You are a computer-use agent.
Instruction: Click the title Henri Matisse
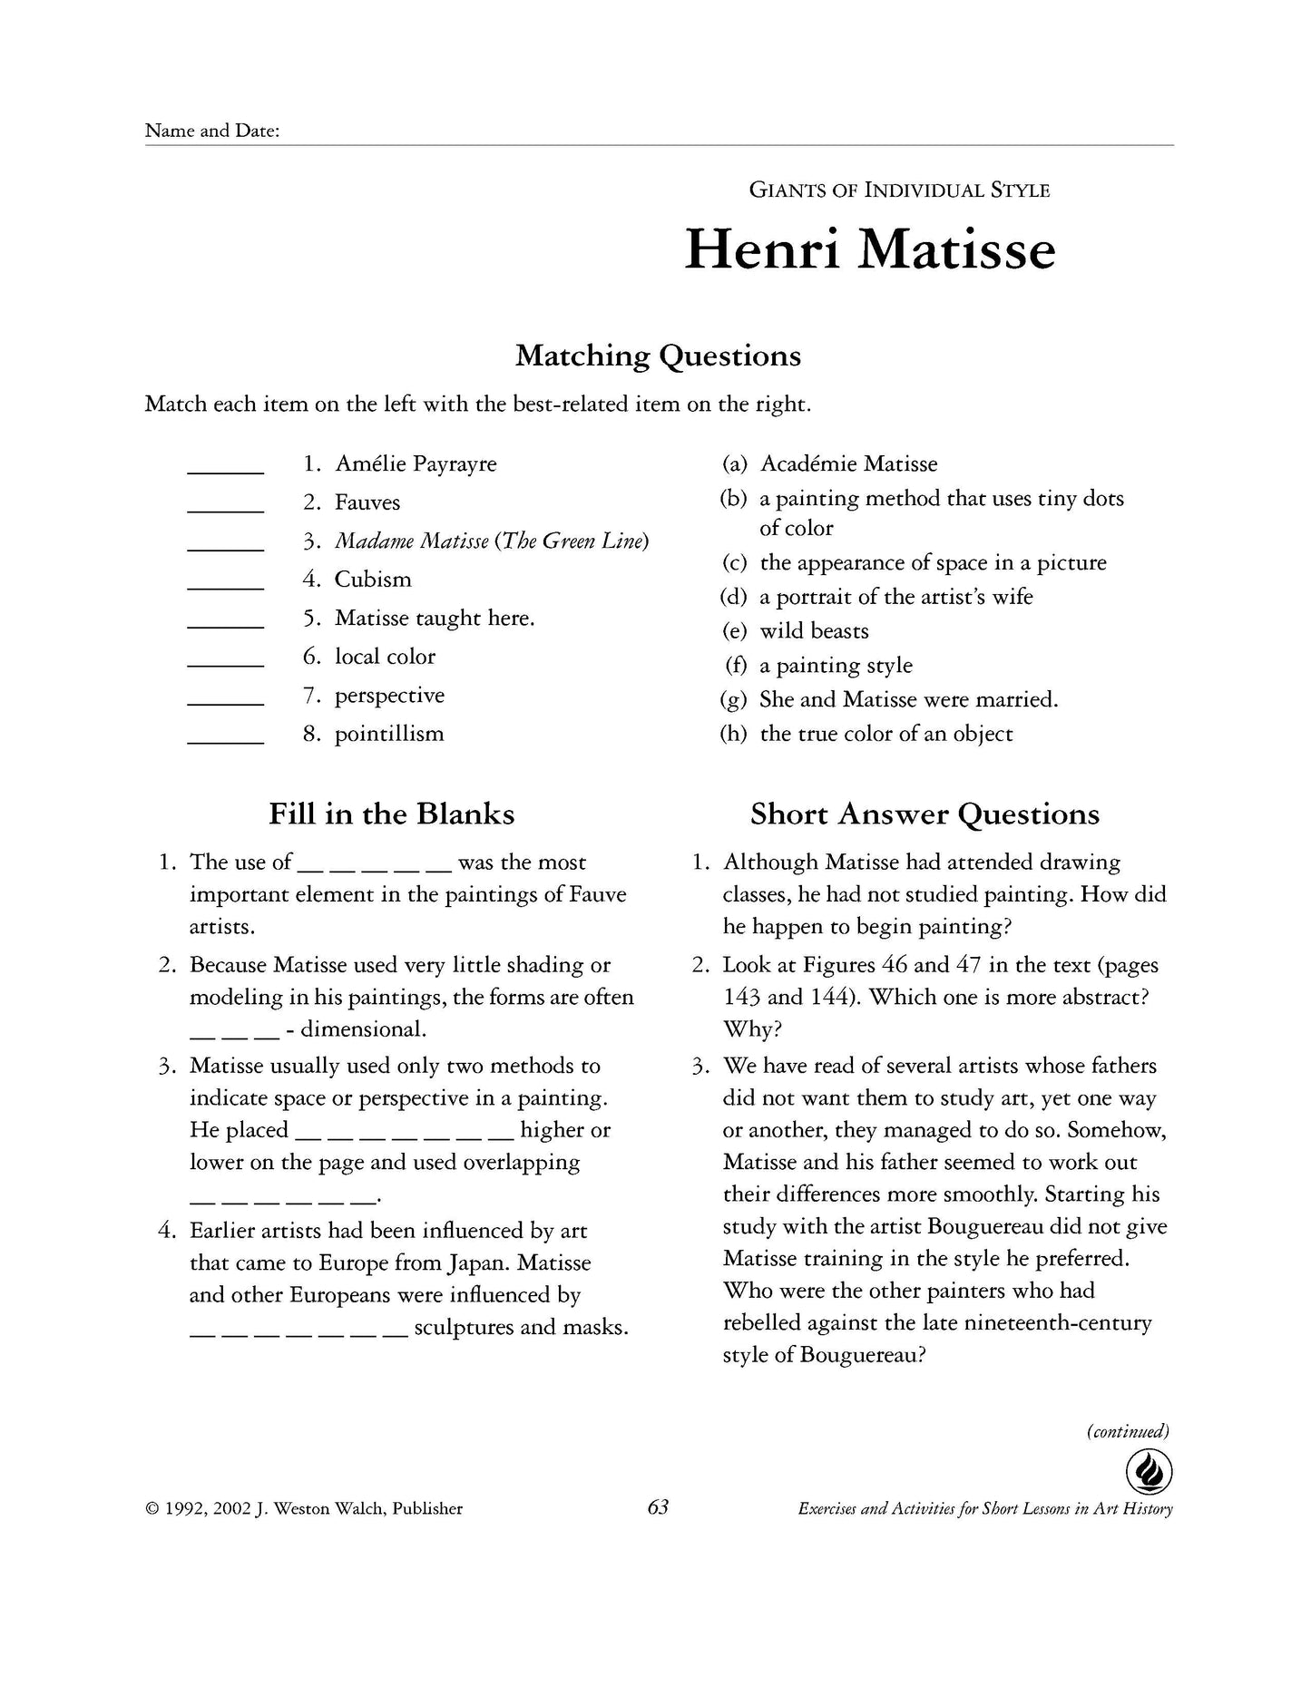pyautogui.click(x=869, y=249)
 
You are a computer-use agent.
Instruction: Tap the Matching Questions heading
pyautogui.click(x=658, y=356)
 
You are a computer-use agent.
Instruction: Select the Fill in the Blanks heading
pyautogui.click(x=391, y=814)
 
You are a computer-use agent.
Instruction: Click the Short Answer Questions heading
pyautogui.click(x=924, y=814)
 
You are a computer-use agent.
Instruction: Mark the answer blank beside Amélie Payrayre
pyautogui.click(x=225, y=470)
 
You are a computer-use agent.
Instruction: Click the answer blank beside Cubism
pyautogui.click(x=225, y=586)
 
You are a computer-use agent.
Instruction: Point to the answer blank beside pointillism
pyautogui.click(x=225, y=740)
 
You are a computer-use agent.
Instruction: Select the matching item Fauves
pyautogui.click(x=367, y=502)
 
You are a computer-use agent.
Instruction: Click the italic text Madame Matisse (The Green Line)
pyautogui.click(x=492, y=541)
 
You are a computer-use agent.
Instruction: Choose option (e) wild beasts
pyautogui.click(x=813, y=631)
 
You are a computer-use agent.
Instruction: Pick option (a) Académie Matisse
pyautogui.click(x=847, y=464)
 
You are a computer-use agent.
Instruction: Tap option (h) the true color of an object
pyautogui.click(x=885, y=734)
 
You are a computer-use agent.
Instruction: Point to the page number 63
pyautogui.click(x=658, y=1507)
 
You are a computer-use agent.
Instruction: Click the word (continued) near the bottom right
pyautogui.click(x=1128, y=1432)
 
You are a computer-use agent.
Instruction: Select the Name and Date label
pyautogui.click(x=211, y=131)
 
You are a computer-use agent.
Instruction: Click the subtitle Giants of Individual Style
pyautogui.click(x=898, y=190)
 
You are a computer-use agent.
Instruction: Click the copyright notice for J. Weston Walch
pyautogui.click(x=303, y=1509)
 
